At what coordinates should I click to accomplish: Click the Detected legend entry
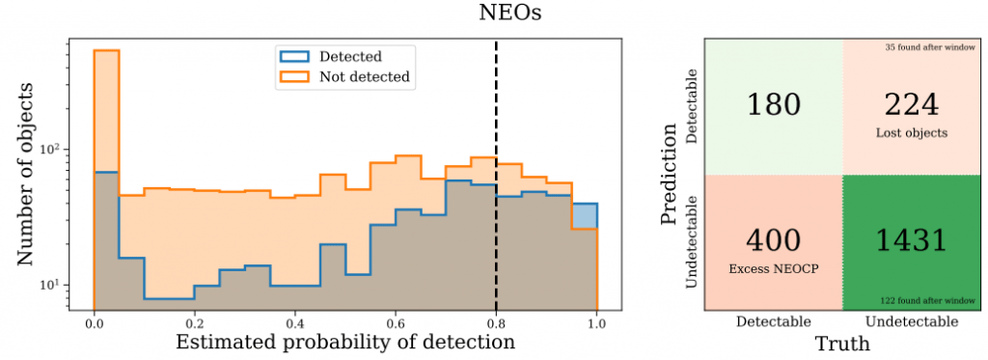pos(350,56)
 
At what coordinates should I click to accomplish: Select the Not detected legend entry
pos(365,77)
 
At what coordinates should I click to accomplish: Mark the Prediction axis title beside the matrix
pos(672,174)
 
